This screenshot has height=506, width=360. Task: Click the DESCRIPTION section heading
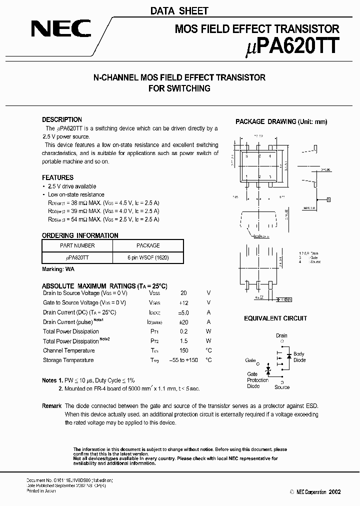[x=62, y=120]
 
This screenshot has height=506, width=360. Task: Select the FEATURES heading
[x=57, y=177]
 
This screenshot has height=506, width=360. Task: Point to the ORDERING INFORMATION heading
[x=80, y=235]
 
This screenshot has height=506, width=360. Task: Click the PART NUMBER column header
[x=77, y=245]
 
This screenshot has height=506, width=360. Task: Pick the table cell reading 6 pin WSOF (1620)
[x=148, y=256]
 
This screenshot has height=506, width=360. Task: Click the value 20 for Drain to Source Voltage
[x=183, y=293]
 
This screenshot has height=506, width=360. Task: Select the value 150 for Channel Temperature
[x=183, y=350]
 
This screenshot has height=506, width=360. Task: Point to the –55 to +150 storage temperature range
[x=183, y=360]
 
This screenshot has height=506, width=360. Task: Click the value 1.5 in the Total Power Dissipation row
[x=183, y=341]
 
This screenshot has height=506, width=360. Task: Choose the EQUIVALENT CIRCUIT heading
[x=275, y=318]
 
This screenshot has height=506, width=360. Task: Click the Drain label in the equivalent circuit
[x=281, y=336]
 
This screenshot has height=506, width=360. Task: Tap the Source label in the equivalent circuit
[x=282, y=387]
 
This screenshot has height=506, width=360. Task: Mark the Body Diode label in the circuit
[x=299, y=357]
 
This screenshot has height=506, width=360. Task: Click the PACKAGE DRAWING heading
[x=281, y=122]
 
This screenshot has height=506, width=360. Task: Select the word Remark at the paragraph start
[x=51, y=406]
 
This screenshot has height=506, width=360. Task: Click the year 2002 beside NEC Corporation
[x=334, y=492]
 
